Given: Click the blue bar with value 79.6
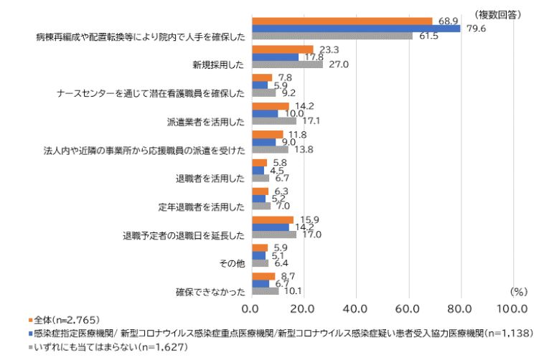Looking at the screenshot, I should [355, 29].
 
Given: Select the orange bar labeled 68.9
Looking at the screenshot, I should [342, 21].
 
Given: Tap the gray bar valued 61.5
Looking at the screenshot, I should [332, 37].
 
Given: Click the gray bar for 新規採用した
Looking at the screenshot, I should [286, 65].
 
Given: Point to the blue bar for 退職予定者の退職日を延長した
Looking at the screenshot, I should [270, 227].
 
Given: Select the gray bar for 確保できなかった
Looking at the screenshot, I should [264, 290].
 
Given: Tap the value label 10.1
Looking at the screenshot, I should [291, 290].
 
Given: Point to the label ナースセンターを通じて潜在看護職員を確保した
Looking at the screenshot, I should [151, 93].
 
